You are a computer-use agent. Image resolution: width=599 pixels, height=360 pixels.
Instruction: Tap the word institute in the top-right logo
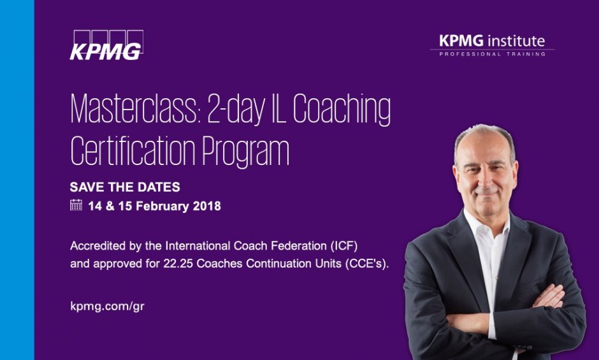[516, 41]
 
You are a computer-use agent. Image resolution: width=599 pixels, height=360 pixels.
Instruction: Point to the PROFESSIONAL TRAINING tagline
[492, 55]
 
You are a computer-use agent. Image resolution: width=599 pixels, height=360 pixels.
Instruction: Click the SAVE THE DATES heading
[125, 187]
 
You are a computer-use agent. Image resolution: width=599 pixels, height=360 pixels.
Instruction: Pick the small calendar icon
[76, 205]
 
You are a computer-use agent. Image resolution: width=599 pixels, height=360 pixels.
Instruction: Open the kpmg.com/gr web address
[107, 305]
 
